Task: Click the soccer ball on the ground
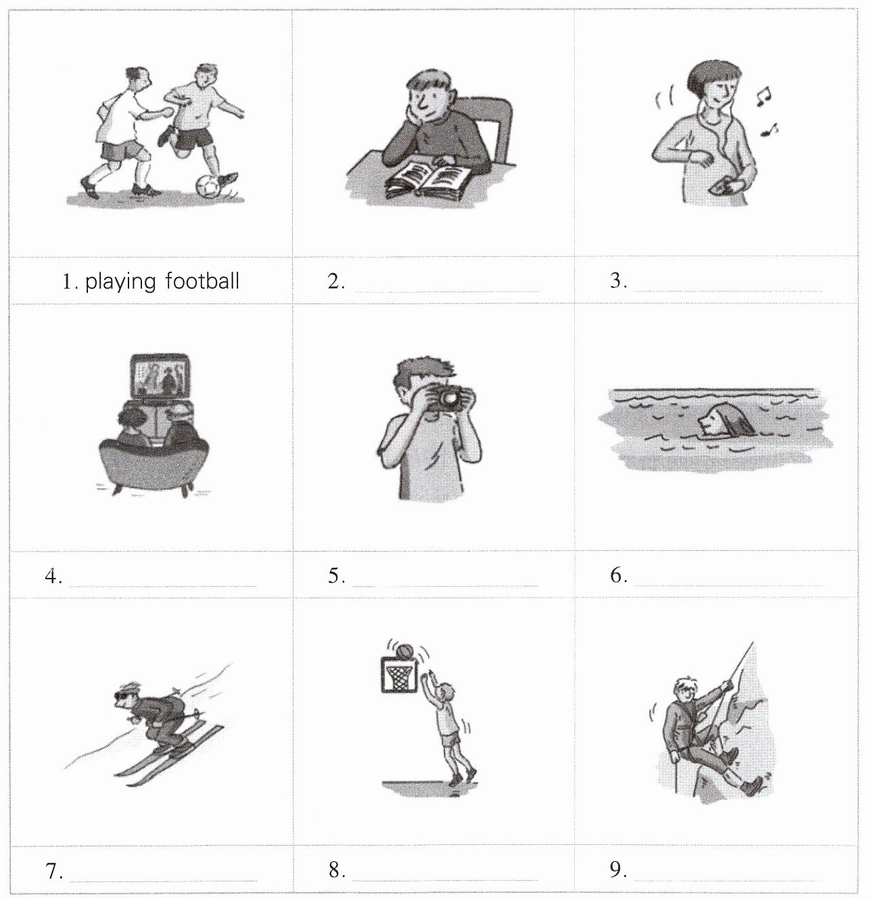pos(207,187)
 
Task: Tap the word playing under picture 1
pos(120,282)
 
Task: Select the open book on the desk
pos(428,181)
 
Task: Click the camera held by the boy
pos(448,397)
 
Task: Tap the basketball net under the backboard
pos(398,678)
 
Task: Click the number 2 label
pos(336,281)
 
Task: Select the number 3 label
pos(618,281)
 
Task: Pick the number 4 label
pos(53,576)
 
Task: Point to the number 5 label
pos(336,576)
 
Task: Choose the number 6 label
pos(619,575)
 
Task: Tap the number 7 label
pos(54,871)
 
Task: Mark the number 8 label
pos(337,871)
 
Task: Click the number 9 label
pos(618,870)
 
